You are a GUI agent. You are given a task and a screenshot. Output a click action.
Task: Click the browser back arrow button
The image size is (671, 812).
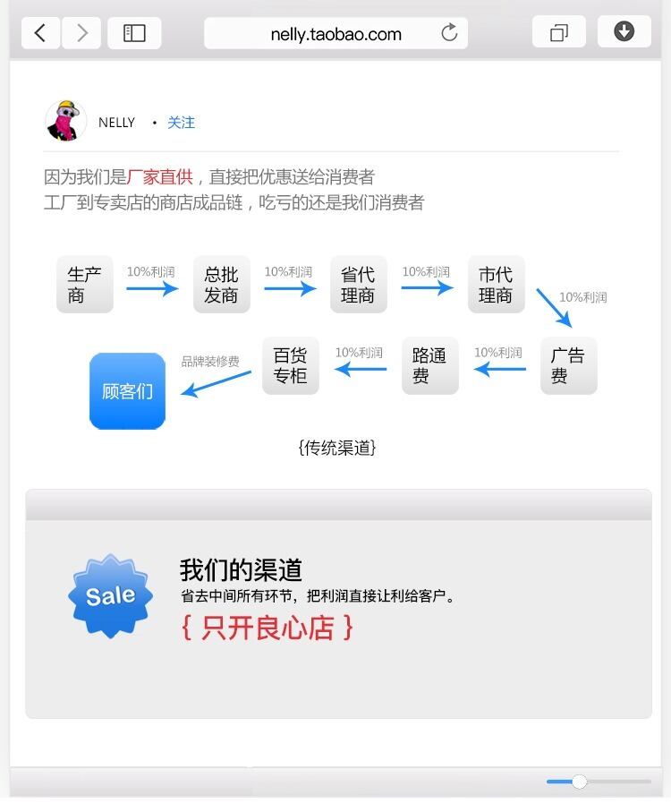point(40,33)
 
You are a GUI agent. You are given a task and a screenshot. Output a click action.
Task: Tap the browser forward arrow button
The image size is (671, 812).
point(81,33)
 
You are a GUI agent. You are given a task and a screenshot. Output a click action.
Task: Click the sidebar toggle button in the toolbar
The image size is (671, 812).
point(134,33)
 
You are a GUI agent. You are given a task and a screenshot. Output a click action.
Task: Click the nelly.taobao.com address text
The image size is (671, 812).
point(335,34)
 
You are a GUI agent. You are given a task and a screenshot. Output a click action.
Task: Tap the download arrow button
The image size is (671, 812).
point(624,32)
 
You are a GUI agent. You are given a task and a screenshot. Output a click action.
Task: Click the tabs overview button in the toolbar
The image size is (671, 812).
point(558,33)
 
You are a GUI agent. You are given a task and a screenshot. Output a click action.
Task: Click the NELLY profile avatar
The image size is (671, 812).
point(65,121)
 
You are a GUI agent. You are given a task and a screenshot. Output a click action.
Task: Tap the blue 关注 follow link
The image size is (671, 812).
point(181,123)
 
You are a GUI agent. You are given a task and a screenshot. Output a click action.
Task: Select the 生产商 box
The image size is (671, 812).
point(84,285)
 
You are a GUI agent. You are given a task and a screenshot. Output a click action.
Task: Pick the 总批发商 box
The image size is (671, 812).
point(221,285)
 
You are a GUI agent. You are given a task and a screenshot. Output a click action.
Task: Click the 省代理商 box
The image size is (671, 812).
point(358,285)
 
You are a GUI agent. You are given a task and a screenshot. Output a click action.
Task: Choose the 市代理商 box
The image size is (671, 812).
point(496,285)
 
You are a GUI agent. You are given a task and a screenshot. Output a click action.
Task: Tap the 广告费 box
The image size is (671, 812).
point(568,365)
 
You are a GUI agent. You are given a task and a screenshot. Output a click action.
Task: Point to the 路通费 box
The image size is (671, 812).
point(429,365)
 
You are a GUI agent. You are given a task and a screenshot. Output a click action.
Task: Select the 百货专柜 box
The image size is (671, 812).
point(290,365)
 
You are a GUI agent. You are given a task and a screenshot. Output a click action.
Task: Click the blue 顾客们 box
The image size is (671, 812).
point(127,391)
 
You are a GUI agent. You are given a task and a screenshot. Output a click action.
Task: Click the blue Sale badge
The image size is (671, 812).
point(110,595)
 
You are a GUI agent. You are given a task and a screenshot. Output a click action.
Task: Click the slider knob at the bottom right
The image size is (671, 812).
point(579,782)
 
